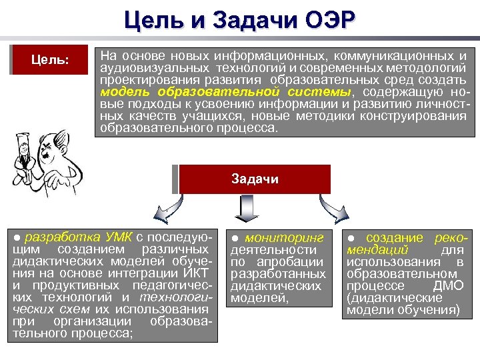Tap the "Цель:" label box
click(x=51, y=60)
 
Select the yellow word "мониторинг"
click(x=284, y=238)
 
